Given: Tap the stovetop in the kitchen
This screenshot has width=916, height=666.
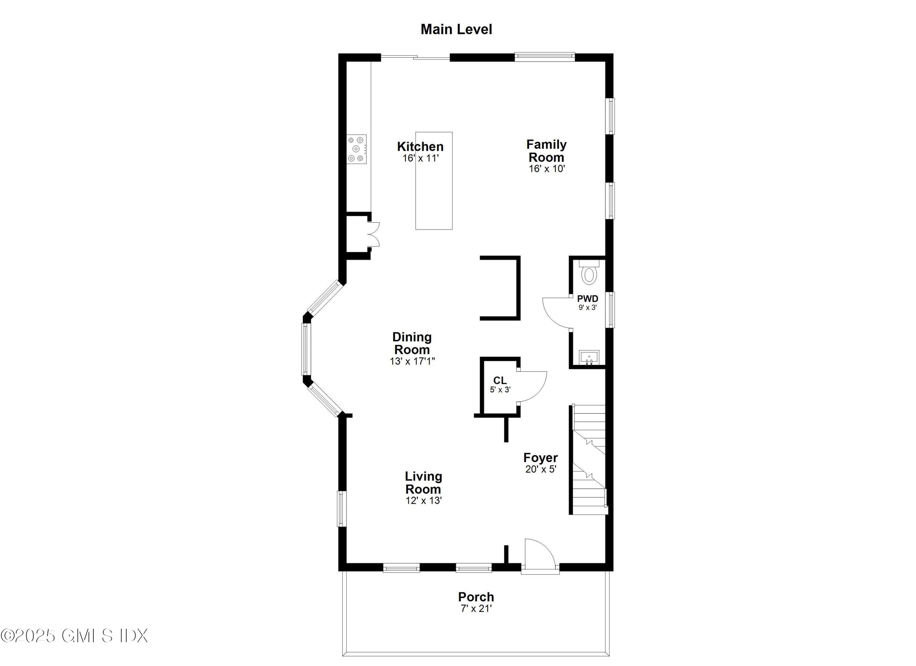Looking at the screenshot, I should [x=357, y=149].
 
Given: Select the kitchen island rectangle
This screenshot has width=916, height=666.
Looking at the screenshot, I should [x=434, y=194].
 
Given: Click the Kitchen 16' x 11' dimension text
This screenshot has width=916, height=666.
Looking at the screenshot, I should [x=420, y=158].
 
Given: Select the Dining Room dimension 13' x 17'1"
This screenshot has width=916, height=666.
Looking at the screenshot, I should [x=412, y=361].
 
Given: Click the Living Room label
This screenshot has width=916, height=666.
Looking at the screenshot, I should [x=423, y=483].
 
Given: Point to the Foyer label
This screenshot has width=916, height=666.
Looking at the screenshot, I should [x=540, y=458].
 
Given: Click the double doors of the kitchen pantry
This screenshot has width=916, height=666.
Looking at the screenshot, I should [x=374, y=234].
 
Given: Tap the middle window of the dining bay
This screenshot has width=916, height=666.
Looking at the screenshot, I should [x=306, y=349].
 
